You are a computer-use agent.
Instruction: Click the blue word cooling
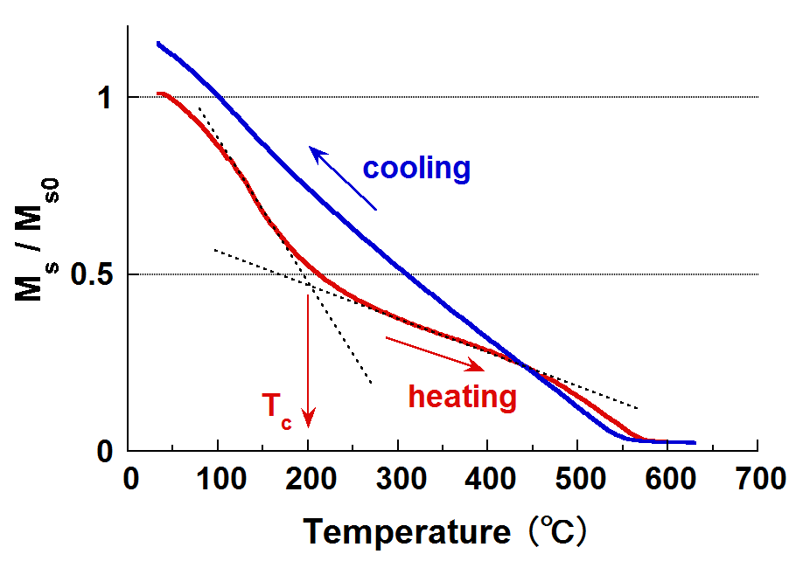416,168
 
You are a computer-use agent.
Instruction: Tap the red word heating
463,397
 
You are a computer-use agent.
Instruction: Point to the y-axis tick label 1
103,97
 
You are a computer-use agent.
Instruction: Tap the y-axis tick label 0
103,453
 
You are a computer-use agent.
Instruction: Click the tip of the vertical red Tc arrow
308,426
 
